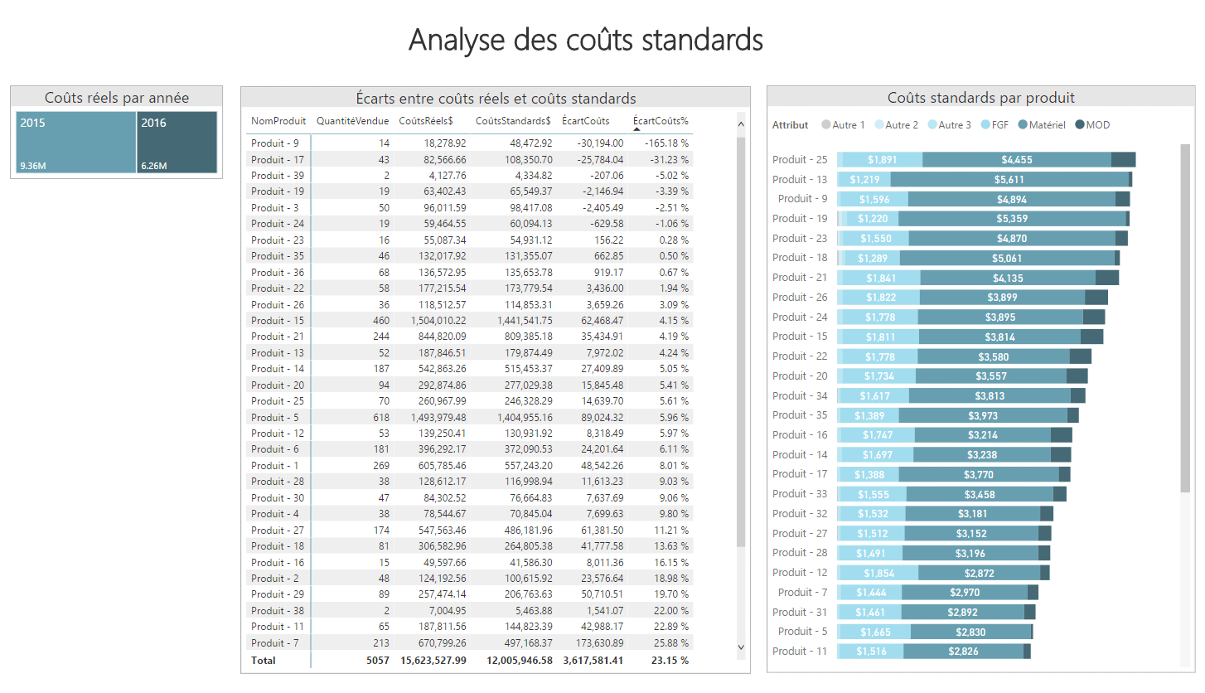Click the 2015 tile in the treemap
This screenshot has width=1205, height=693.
coord(75,143)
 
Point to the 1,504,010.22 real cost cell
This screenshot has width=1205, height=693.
coord(438,321)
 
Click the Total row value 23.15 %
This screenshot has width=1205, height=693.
coord(670,661)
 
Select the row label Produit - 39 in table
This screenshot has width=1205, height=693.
coord(278,176)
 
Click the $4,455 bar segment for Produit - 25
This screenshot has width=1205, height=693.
coord(1016,160)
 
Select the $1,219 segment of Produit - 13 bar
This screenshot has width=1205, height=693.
coord(865,180)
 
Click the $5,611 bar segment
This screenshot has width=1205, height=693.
coord(1009,180)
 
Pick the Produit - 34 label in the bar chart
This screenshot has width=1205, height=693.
coord(799,396)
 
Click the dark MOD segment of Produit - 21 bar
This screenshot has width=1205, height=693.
coord(1106,279)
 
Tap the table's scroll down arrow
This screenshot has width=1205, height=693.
coord(741,647)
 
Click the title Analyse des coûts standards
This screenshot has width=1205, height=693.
coord(585,40)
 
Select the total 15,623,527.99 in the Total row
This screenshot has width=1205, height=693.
coord(433,661)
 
